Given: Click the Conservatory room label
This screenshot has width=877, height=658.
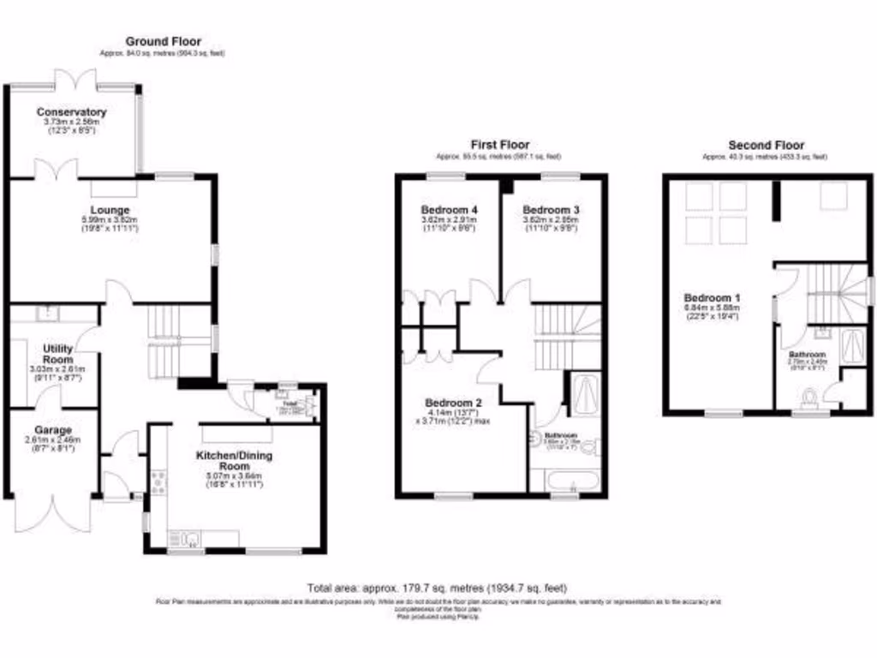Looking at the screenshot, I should [x=71, y=112].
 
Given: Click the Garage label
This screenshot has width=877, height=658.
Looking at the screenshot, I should [x=53, y=430].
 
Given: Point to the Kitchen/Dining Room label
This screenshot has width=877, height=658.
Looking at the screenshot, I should [x=229, y=459].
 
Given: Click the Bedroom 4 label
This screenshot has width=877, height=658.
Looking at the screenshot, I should [x=449, y=210].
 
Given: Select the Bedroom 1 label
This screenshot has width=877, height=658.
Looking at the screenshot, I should [x=706, y=297].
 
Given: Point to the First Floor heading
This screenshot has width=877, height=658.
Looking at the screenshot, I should [x=499, y=145].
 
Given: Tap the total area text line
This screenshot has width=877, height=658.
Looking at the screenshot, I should [x=437, y=588].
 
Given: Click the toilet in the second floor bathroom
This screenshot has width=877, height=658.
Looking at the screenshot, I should [x=811, y=397].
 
